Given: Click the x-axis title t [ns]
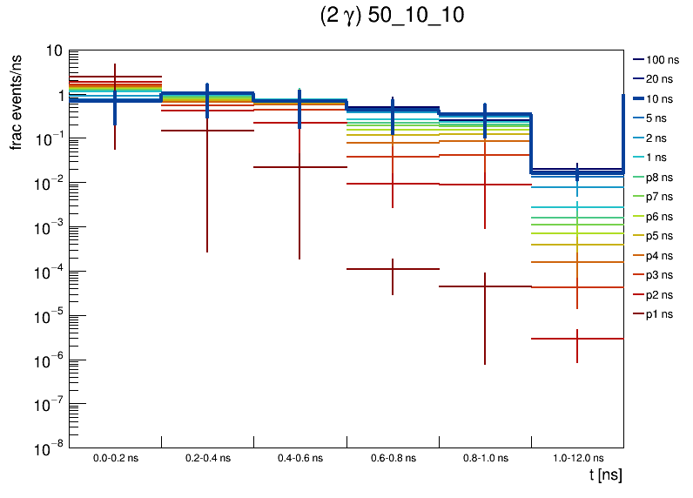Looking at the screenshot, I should tap(605, 475).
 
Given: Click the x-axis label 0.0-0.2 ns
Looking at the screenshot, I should tap(115, 457).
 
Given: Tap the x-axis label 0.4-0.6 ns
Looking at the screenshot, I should tap(300, 457).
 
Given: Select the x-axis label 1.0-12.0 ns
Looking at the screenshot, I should tap(577, 457).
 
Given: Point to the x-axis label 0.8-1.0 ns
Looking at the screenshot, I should tap(485, 457).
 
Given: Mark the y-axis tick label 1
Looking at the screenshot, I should tap(57, 95).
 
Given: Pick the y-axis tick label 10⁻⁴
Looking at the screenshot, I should tap(50, 272).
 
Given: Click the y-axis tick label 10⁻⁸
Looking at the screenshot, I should tap(50, 448).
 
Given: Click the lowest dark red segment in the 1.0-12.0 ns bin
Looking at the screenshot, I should tap(577, 339).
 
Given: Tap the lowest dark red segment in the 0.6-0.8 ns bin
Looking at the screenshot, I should tap(393, 269).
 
